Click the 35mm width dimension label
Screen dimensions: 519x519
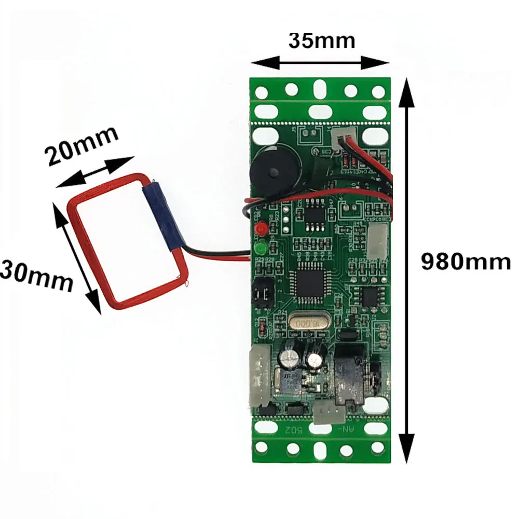[x=322, y=40]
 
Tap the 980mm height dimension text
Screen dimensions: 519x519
[x=465, y=262]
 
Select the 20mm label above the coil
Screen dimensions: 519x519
[x=82, y=146]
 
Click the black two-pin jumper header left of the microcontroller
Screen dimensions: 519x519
[x=262, y=294]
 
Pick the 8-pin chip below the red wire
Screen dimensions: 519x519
[x=316, y=213]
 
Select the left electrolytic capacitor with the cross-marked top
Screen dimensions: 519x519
[x=289, y=358]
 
